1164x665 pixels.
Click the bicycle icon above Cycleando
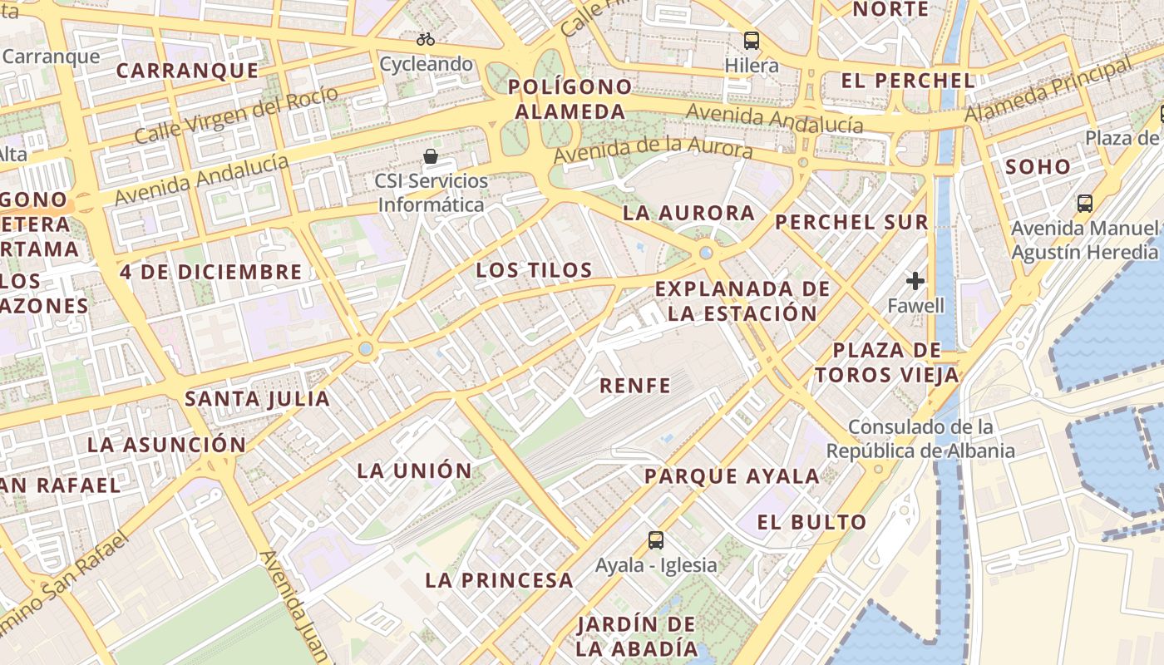click(426, 39)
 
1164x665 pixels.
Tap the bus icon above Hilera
click(752, 40)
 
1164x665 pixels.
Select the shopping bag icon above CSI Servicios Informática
click(431, 156)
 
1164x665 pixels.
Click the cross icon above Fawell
click(915, 281)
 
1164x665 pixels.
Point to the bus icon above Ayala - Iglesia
click(656, 540)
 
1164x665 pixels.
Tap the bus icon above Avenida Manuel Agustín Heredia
click(1084, 204)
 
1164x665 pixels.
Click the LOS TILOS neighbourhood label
click(534, 270)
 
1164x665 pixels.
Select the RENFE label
click(635, 386)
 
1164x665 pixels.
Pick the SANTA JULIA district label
click(257, 399)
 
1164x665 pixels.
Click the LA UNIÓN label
click(414, 470)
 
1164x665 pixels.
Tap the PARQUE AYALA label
click(732, 476)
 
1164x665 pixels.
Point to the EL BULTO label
click(812, 523)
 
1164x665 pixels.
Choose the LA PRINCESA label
click(499, 580)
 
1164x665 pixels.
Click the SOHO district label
click(1038, 167)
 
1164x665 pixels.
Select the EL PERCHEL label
click(908, 81)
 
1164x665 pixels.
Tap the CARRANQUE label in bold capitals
click(187, 71)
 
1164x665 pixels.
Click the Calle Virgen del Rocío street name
click(236, 114)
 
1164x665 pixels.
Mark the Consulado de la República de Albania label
click(920, 439)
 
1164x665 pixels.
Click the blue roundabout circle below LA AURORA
click(706, 252)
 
